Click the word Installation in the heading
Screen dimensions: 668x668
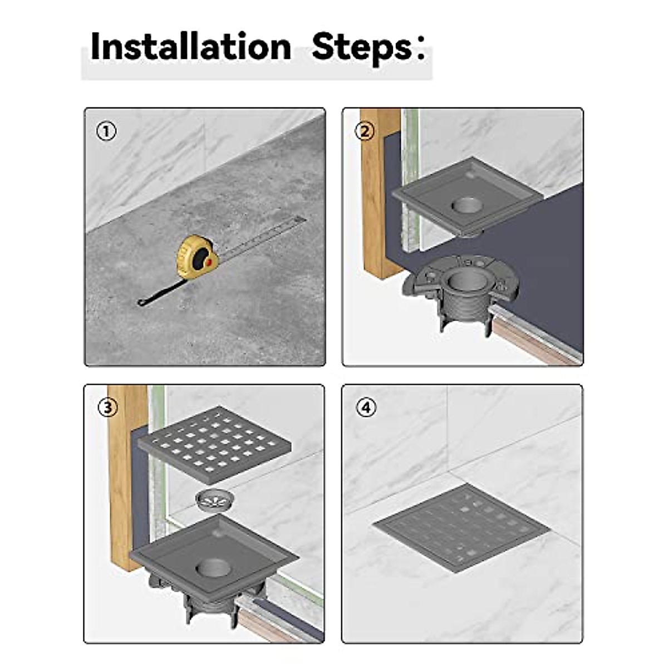tap(190, 46)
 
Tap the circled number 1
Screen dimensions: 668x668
tap(107, 132)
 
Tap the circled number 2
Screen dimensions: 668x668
tap(365, 132)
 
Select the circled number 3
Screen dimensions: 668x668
tap(107, 407)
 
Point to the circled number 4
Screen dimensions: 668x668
tap(365, 407)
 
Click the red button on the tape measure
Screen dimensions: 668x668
tap(208, 262)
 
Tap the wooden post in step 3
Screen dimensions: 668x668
tap(124, 479)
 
